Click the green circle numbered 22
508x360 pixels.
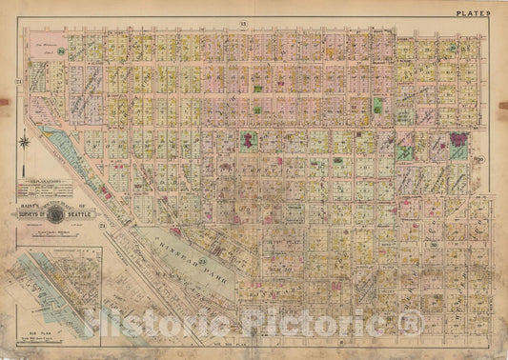454,47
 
